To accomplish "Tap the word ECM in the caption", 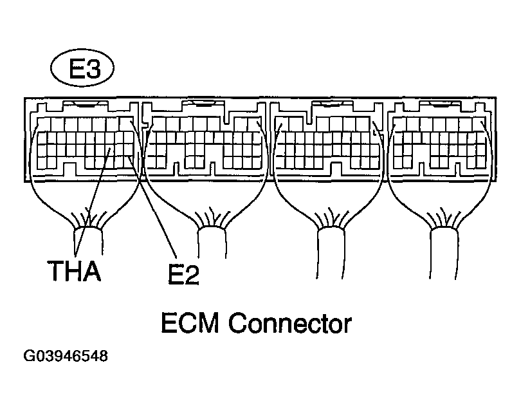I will (192, 322).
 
